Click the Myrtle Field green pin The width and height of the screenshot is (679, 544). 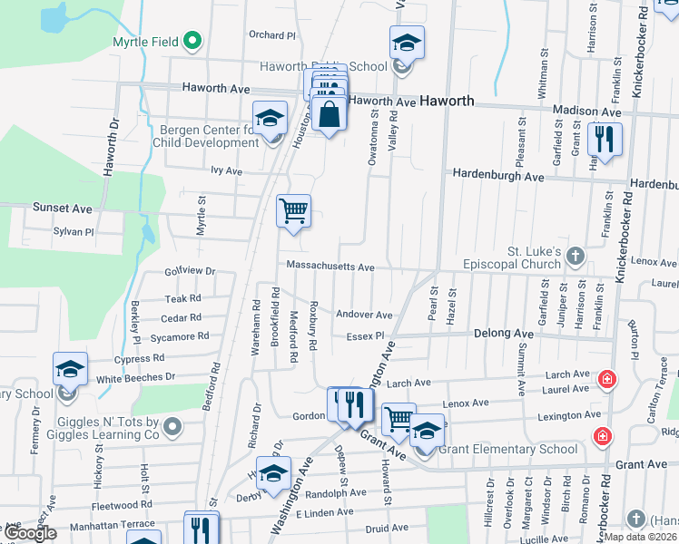[x=192, y=41]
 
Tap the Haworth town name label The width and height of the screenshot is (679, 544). [x=446, y=101]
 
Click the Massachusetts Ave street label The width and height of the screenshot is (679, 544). [x=330, y=267]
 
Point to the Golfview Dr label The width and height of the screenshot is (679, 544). [x=190, y=271]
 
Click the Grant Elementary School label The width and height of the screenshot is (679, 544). [x=507, y=449]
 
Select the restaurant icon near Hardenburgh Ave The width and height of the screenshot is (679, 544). [x=604, y=140]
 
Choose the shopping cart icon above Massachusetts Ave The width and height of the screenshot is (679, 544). [x=293, y=210]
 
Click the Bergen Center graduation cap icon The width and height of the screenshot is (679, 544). [x=270, y=118]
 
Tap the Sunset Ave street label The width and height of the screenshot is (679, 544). [x=63, y=208]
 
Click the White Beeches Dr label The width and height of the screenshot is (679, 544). [x=136, y=377]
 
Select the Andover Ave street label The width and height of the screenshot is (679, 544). [x=364, y=315]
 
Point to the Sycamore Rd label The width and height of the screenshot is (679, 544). [x=180, y=336]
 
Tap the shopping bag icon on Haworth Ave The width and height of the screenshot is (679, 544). [x=330, y=114]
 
